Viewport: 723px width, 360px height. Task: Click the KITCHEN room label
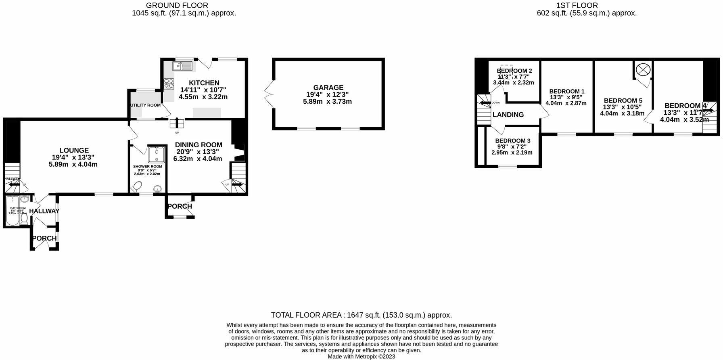(204, 83)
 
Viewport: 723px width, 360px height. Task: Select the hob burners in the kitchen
(169, 83)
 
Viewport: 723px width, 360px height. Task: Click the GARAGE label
(328, 88)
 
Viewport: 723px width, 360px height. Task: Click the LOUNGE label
(74, 151)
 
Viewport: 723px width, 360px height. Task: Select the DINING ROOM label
(199, 145)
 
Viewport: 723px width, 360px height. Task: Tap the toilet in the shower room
(137, 187)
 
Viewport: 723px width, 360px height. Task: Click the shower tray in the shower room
(157, 154)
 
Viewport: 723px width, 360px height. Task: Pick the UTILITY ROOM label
(145, 105)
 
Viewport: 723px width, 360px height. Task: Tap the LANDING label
(508, 115)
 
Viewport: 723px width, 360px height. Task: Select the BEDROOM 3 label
(512, 140)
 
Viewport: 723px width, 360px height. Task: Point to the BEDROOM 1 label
(566, 91)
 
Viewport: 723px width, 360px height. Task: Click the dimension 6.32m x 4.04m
(197, 159)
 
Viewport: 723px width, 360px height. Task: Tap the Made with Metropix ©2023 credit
(361, 357)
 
